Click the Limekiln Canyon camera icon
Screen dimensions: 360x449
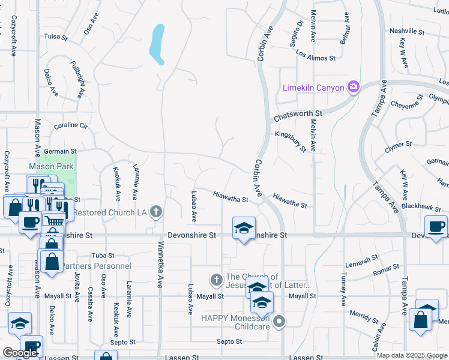pyautogui.click(x=354, y=88)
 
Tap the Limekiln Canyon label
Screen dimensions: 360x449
pyautogui.click(x=313, y=88)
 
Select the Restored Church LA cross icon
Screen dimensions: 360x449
pyautogui.click(x=156, y=211)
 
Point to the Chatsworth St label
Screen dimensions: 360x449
pyautogui.click(x=298, y=113)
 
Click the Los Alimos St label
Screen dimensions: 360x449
pyautogui.click(x=315, y=58)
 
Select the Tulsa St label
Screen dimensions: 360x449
pyautogui.click(x=56, y=37)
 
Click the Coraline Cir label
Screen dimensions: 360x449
pyautogui.click(x=71, y=126)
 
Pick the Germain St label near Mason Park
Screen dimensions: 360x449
pyautogui.click(x=61, y=152)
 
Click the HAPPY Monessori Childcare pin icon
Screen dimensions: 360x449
pyautogui.click(x=278, y=323)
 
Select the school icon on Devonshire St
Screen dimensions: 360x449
pyautogui.click(x=244, y=229)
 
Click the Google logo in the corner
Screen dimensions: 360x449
pyautogui.click(x=20, y=353)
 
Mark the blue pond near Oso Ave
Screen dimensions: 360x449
pyautogui.click(x=157, y=44)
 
